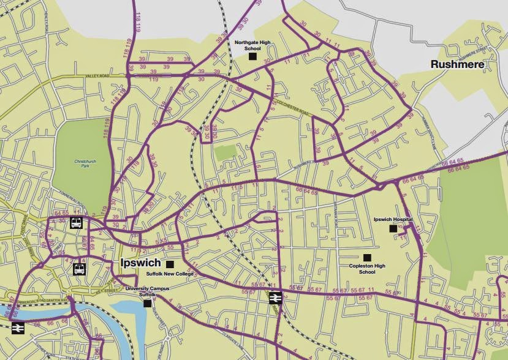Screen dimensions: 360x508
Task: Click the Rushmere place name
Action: (457, 64)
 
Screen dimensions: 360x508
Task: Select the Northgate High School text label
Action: (252, 45)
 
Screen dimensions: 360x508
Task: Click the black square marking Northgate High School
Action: (252, 56)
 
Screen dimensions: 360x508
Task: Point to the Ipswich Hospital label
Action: (393, 219)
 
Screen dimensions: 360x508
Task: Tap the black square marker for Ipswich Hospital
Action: (393, 228)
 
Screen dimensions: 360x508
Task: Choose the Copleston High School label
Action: (367, 268)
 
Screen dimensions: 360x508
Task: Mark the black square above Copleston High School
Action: (367, 257)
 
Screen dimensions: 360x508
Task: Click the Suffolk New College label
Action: (169, 274)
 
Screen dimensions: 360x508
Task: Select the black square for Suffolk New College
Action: (170, 264)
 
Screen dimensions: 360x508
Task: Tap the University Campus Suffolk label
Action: (146, 291)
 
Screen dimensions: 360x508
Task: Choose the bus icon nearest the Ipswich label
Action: (80, 269)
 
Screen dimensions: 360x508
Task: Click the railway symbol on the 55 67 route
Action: (275, 298)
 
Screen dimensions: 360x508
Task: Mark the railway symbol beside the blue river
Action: (17, 328)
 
